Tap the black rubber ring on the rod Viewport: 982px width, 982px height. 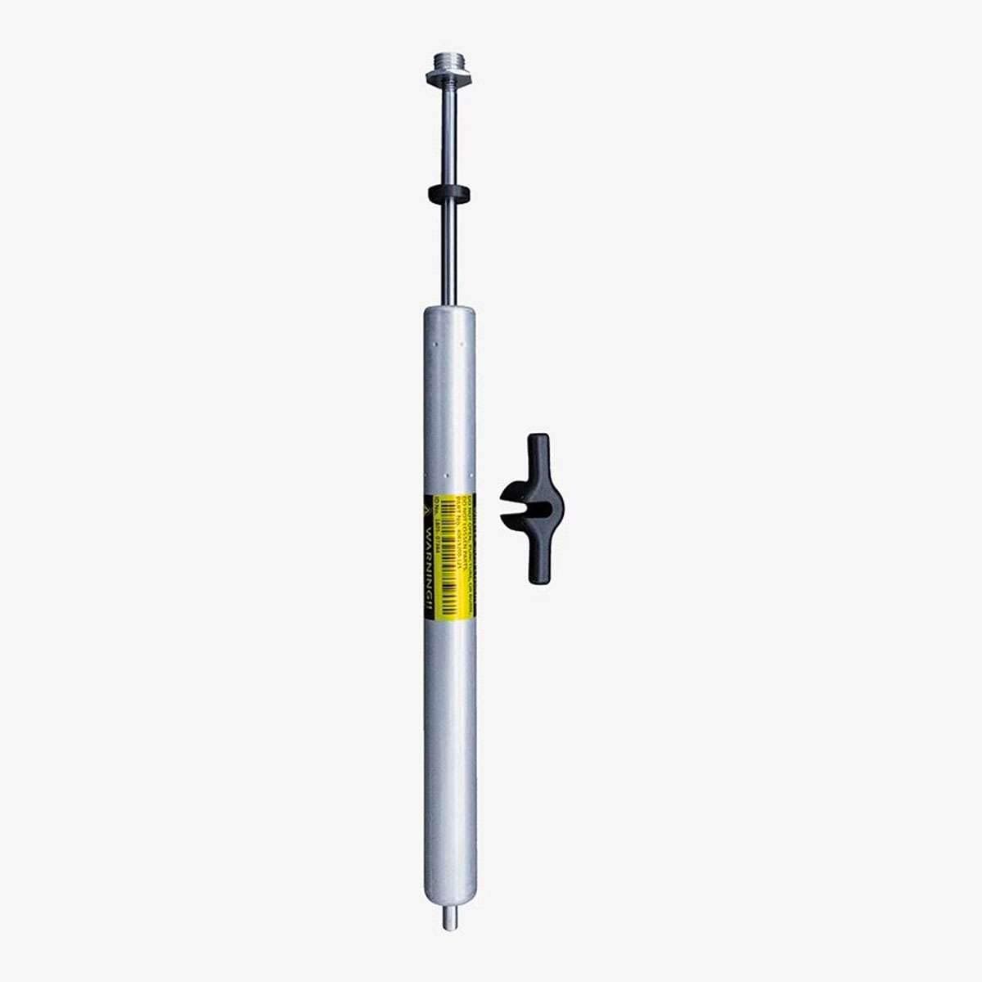449,194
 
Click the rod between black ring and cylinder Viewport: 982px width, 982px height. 449,254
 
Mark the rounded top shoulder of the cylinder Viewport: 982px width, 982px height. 449,313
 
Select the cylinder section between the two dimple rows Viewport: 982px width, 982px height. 449,409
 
